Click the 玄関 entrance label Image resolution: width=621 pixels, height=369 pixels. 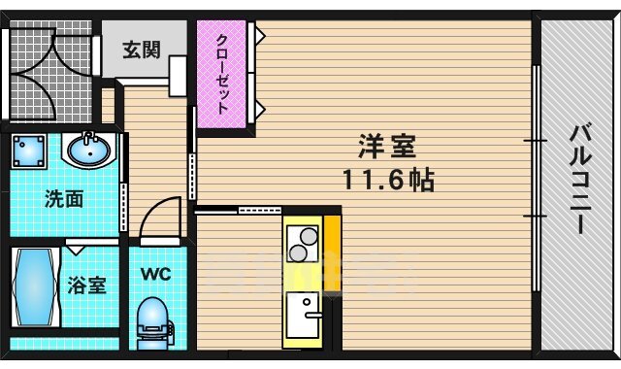(x=142, y=49)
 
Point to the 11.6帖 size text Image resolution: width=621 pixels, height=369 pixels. (x=387, y=180)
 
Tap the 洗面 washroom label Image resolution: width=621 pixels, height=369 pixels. (x=64, y=200)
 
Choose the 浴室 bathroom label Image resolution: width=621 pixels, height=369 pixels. (x=87, y=286)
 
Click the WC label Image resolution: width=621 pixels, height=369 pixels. (x=157, y=275)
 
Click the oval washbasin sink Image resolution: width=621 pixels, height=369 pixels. (x=90, y=151)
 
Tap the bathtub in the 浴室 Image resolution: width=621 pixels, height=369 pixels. (x=33, y=288)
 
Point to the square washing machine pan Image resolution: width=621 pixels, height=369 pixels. (x=31, y=151)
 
